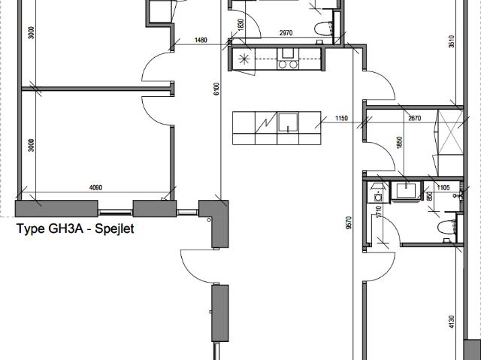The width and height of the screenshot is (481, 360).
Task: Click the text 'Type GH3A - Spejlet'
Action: tap(75, 229)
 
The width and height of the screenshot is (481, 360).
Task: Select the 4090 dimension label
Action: tap(95, 188)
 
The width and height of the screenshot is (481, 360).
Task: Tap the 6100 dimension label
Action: tap(215, 90)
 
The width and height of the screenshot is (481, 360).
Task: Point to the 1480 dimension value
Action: tap(201, 41)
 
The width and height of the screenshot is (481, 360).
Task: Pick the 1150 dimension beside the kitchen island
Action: tap(342, 119)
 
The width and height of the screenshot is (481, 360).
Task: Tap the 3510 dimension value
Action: tap(451, 43)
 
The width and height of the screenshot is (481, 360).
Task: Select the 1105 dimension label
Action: tap(443, 187)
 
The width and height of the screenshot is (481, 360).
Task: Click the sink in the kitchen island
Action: tap(289, 123)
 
